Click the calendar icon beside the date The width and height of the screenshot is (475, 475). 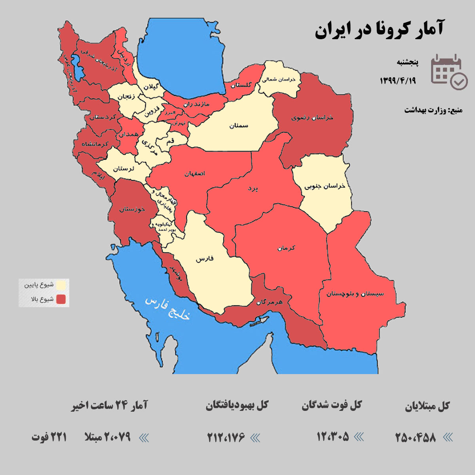point(448,72)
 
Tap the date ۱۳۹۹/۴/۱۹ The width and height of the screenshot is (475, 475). point(398,80)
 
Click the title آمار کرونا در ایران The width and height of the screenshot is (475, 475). point(379,29)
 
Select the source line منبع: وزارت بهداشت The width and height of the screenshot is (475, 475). point(433,110)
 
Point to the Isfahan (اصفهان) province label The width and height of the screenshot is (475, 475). point(195,173)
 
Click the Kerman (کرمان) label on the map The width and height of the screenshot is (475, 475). point(287,248)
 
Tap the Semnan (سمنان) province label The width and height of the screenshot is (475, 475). point(239,125)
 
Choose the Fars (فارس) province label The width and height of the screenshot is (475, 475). point(204,259)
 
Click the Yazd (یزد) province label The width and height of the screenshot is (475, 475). point(253,188)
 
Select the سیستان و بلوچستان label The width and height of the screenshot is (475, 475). point(355,294)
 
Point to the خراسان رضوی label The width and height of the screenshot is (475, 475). point(312,118)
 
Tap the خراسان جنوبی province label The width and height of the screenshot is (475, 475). point(325,186)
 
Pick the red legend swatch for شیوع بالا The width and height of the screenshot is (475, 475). point(61,299)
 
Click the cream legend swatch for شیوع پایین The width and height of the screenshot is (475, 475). point(61,285)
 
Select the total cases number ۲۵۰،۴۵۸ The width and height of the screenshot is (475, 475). point(416,437)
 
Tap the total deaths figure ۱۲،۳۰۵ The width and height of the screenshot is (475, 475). point(333,437)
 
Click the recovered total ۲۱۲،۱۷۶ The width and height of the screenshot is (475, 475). point(226,437)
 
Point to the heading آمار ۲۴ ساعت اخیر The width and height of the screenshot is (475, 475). point(109,406)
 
